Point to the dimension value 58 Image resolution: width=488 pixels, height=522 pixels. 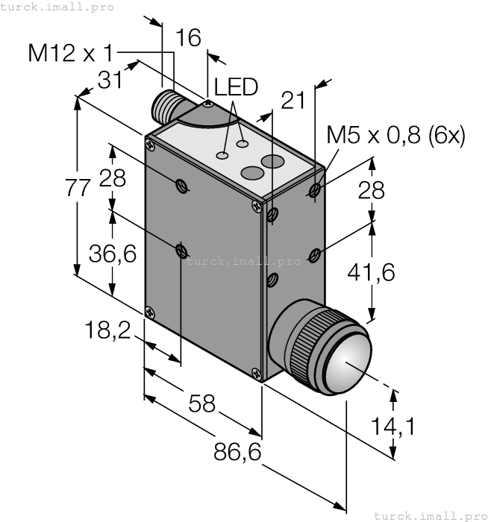pyautogui.click(x=201, y=403)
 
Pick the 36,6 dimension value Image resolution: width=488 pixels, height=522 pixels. pyautogui.click(x=113, y=254)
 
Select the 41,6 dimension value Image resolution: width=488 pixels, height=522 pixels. pyautogui.click(x=371, y=273)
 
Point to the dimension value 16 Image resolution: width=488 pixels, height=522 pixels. pyautogui.click(x=188, y=38)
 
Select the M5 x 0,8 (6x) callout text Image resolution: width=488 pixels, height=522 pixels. pyautogui.click(x=395, y=136)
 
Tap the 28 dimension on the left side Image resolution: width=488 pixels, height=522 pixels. pyautogui.click(x=113, y=178)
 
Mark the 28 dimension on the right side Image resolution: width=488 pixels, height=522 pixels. pyautogui.click(x=371, y=190)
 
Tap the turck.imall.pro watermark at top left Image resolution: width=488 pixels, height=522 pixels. pyautogui.click(x=57, y=7)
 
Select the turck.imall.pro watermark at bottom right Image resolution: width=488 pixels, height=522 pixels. pyautogui.click(x=430, y=515)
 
